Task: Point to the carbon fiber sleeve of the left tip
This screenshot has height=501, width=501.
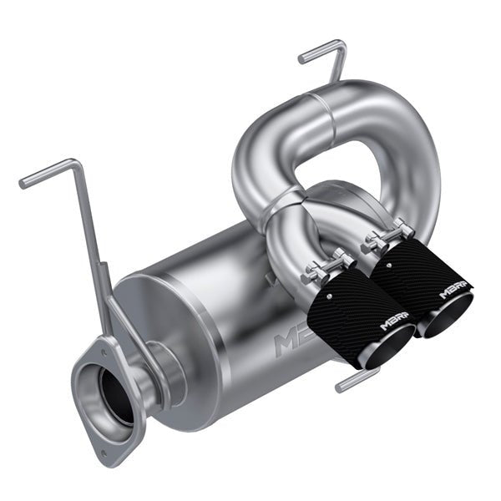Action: point(351,309)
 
